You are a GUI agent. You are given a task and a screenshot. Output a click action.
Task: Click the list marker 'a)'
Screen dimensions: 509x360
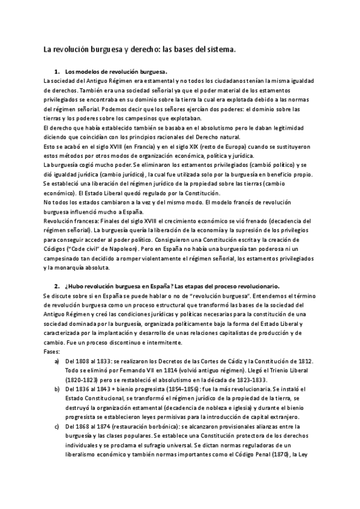(x=57, y=363)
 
